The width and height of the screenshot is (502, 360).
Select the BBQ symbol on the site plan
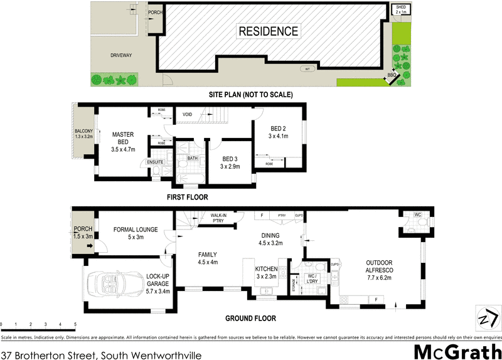tap(392, 76)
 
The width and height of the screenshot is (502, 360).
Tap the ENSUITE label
tap(156, 162)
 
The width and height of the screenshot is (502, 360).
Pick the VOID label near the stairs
tap(188, 115)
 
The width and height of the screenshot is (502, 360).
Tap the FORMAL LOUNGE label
tap(136, 233)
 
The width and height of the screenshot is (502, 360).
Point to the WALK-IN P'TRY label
tap(218, 217)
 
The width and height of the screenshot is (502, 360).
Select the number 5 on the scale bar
tap(75, 324)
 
